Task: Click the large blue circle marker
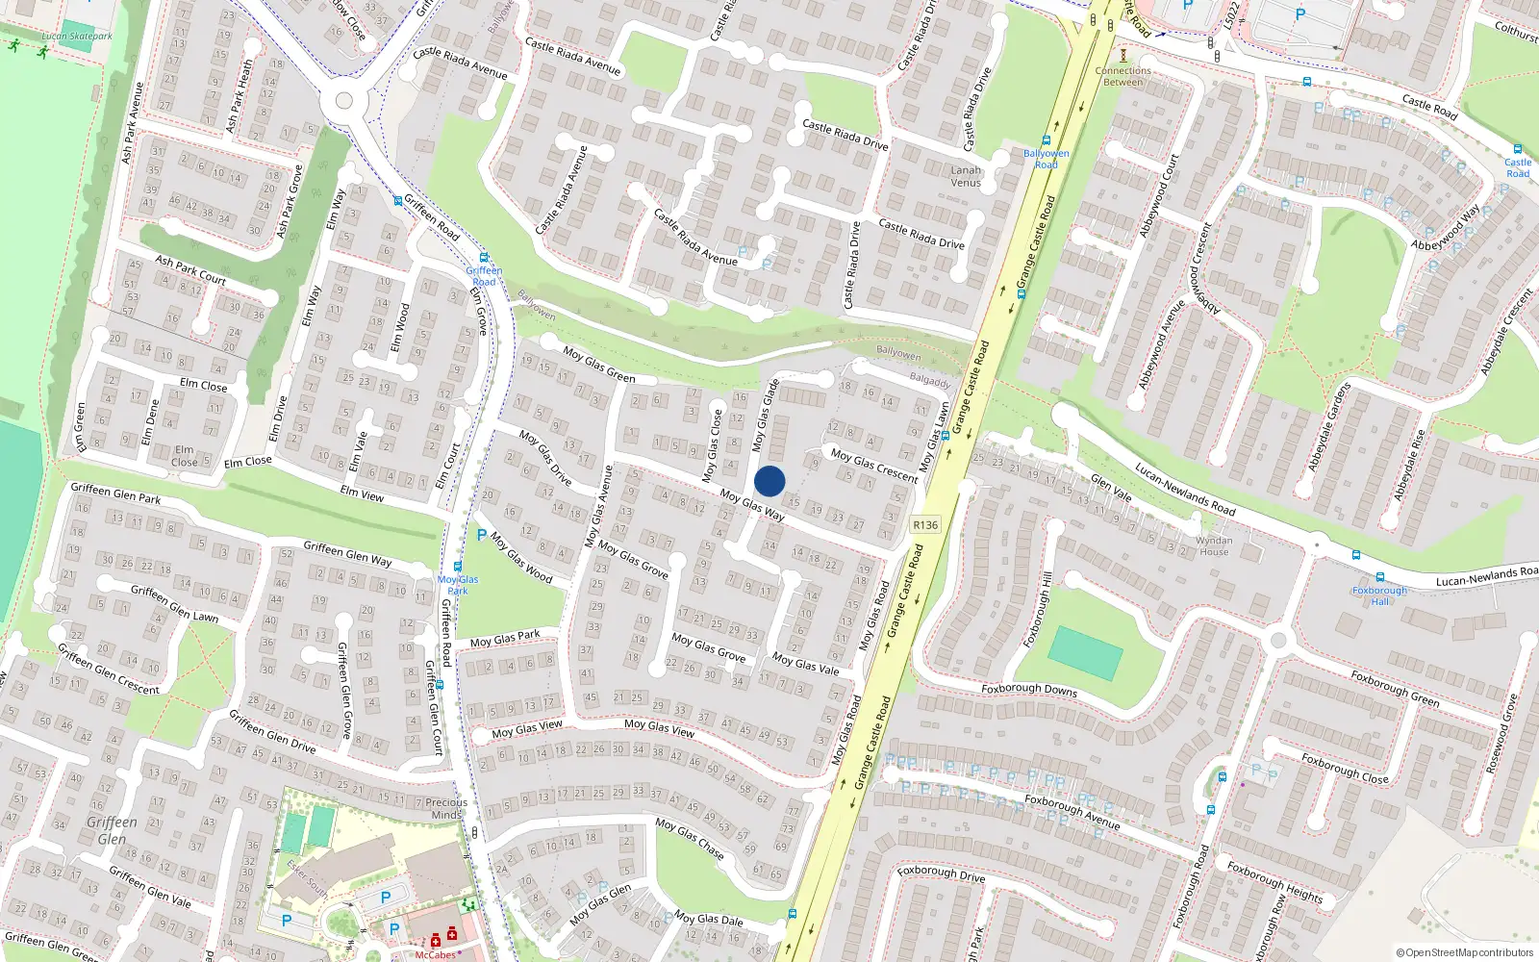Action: (769, 481)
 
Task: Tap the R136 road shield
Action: (925, 525)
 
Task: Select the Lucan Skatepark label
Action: (77, 37)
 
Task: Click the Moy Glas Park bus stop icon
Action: (458, 567)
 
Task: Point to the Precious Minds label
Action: (446, 808)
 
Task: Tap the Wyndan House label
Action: (1214, 546)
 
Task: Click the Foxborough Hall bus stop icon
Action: (1356, 555)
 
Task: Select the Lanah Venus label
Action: (966, 176)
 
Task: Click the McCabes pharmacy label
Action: (435, 954)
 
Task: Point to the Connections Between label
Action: (1123, 76)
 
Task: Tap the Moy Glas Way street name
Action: (752, 504)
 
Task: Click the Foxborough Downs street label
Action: (1029, 689)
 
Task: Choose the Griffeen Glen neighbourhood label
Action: (112, 829)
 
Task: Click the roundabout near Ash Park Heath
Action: (343, 101)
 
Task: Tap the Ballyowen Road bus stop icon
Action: (1046, 140)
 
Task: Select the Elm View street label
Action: (362, 493)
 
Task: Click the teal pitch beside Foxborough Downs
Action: (1084, 653)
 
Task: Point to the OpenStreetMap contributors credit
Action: (1464, 953)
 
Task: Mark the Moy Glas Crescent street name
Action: (874, 465)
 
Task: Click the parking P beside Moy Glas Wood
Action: (481, 535)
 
